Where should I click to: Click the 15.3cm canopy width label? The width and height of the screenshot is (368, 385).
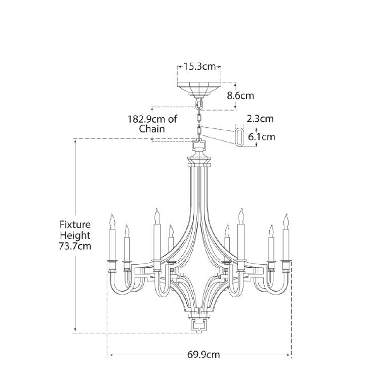coord(199,67)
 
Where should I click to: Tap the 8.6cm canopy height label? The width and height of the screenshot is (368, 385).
coord(240,95)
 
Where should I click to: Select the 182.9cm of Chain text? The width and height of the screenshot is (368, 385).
coord(152,124)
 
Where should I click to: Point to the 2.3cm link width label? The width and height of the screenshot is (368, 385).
coord(260,119)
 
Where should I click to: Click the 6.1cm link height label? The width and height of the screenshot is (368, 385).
coord(261,137)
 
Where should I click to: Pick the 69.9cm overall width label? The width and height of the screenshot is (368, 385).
coord(203,355)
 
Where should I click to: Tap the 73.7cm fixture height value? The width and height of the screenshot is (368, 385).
coord(75,246)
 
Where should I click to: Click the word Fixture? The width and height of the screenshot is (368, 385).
coord(75,224)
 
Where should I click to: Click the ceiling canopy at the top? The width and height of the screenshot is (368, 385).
coord(199,89)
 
